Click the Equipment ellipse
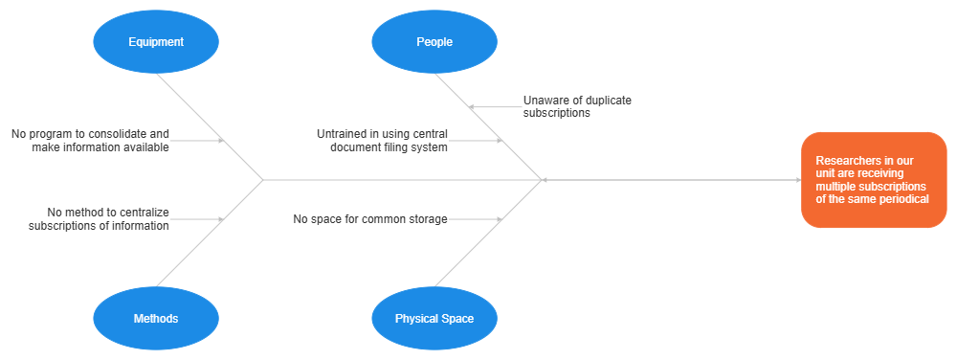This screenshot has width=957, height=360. [x=156, y=41]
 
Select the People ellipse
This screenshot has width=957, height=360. [x=434, y=41]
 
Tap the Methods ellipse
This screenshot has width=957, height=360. [x=156, y=318]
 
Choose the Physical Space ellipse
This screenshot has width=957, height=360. [x=434, y=318]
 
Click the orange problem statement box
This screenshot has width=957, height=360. [x=873, y=180]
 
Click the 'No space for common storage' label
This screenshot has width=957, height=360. [x=370, y=219]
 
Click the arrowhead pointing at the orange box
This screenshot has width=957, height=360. [x=796, y=180]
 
